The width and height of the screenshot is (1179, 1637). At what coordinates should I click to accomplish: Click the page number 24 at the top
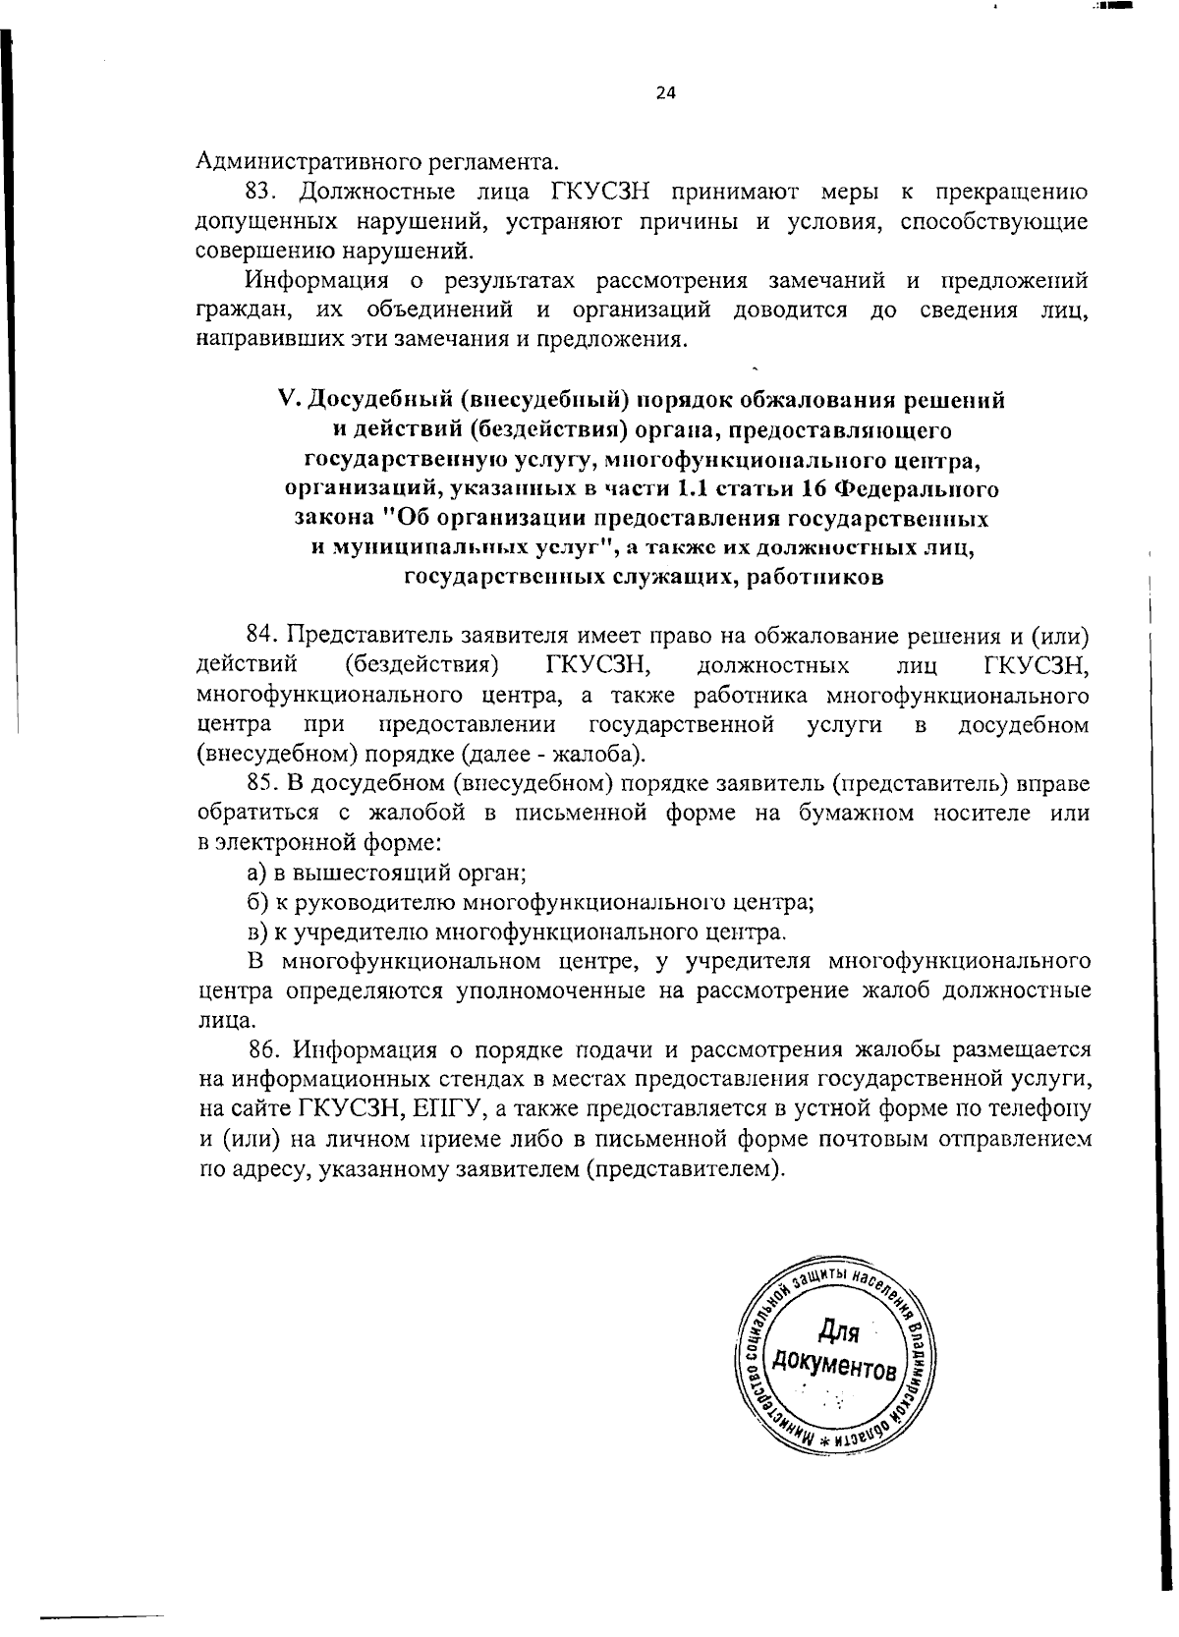click(x=665, y=93)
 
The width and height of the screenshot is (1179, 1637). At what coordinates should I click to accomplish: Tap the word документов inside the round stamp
click(x=834, y=1366)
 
